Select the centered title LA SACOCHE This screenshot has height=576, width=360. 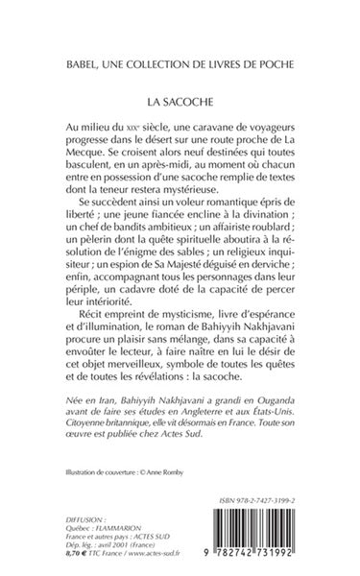pos(180,99)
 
